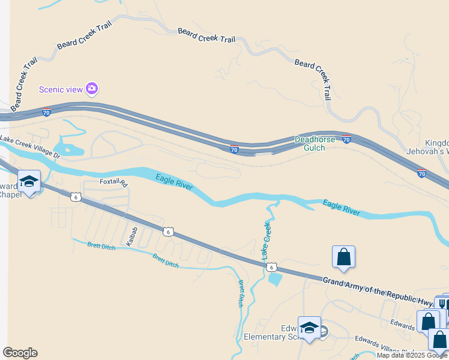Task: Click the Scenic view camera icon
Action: (x=92, y=89)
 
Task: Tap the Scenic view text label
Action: (x=60, y=89)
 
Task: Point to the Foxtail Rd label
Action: (x=114, y=182)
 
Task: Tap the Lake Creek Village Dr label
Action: (x=30, y=148)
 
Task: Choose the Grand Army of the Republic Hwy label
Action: (x=378, y=290)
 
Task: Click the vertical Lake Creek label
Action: (x=265, y=240)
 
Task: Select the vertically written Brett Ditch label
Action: (x=241, y=293)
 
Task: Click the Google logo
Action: (x=20, y=353)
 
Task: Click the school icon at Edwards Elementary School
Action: (x=309, y=328)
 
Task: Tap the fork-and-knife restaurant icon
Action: (x=442, y=304)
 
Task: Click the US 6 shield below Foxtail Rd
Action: (x=75, y=196)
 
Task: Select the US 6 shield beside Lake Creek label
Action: (x=272, y=267)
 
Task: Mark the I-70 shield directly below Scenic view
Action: (x=47, y=112)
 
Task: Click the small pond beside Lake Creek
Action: (x=276, y=278)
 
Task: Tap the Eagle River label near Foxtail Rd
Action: (x=174, y=182)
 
